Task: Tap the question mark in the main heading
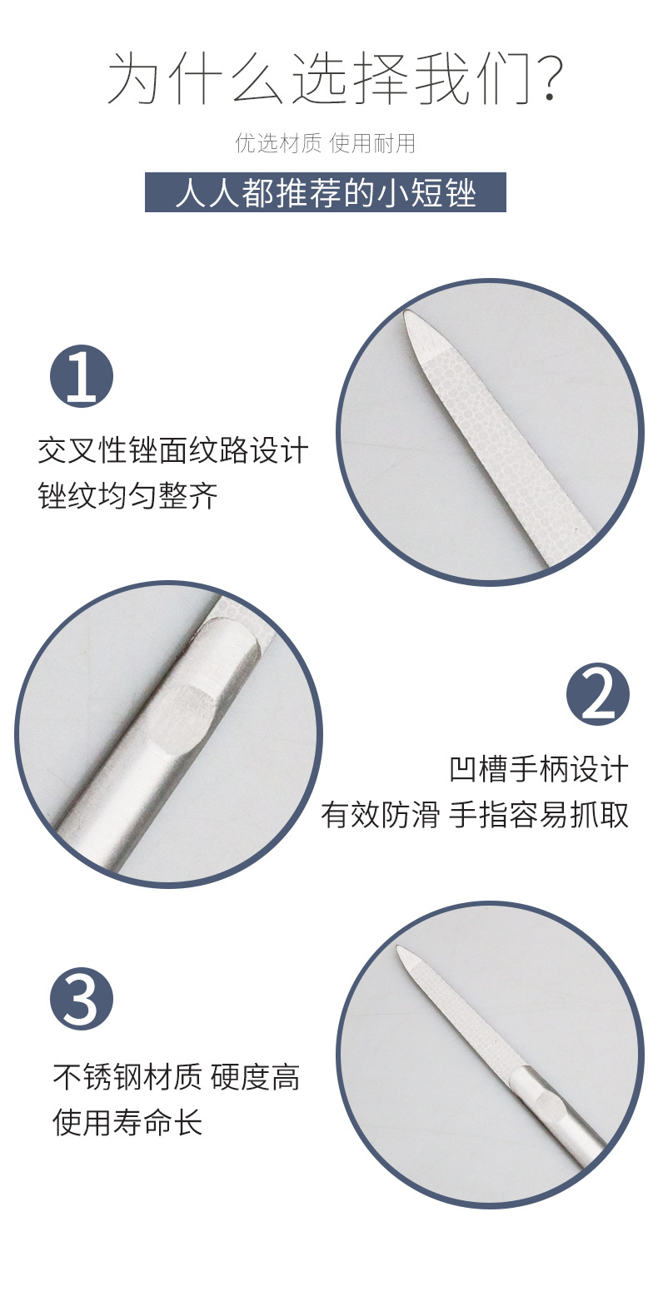[x=545, y=79]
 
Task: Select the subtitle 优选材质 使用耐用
[x=325, y=144]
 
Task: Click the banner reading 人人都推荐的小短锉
[x=325, y=192]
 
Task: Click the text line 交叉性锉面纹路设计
[x=172, y=451]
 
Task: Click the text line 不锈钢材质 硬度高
[x=176, y=1078]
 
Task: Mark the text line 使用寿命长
[x=127, y=1123]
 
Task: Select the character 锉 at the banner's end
[x=461, y=193]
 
